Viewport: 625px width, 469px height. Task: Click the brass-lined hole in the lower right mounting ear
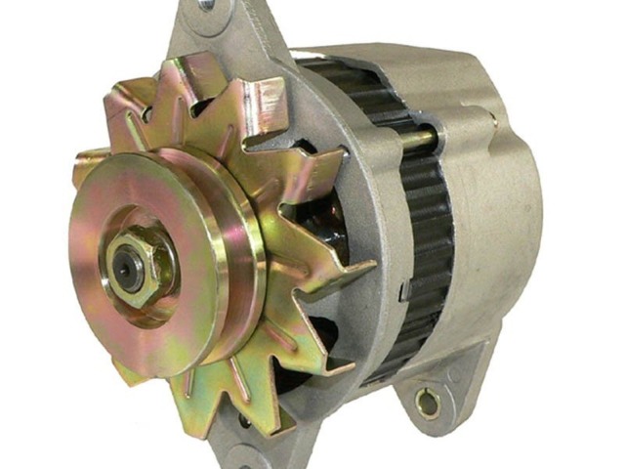[x=426, y=399]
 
